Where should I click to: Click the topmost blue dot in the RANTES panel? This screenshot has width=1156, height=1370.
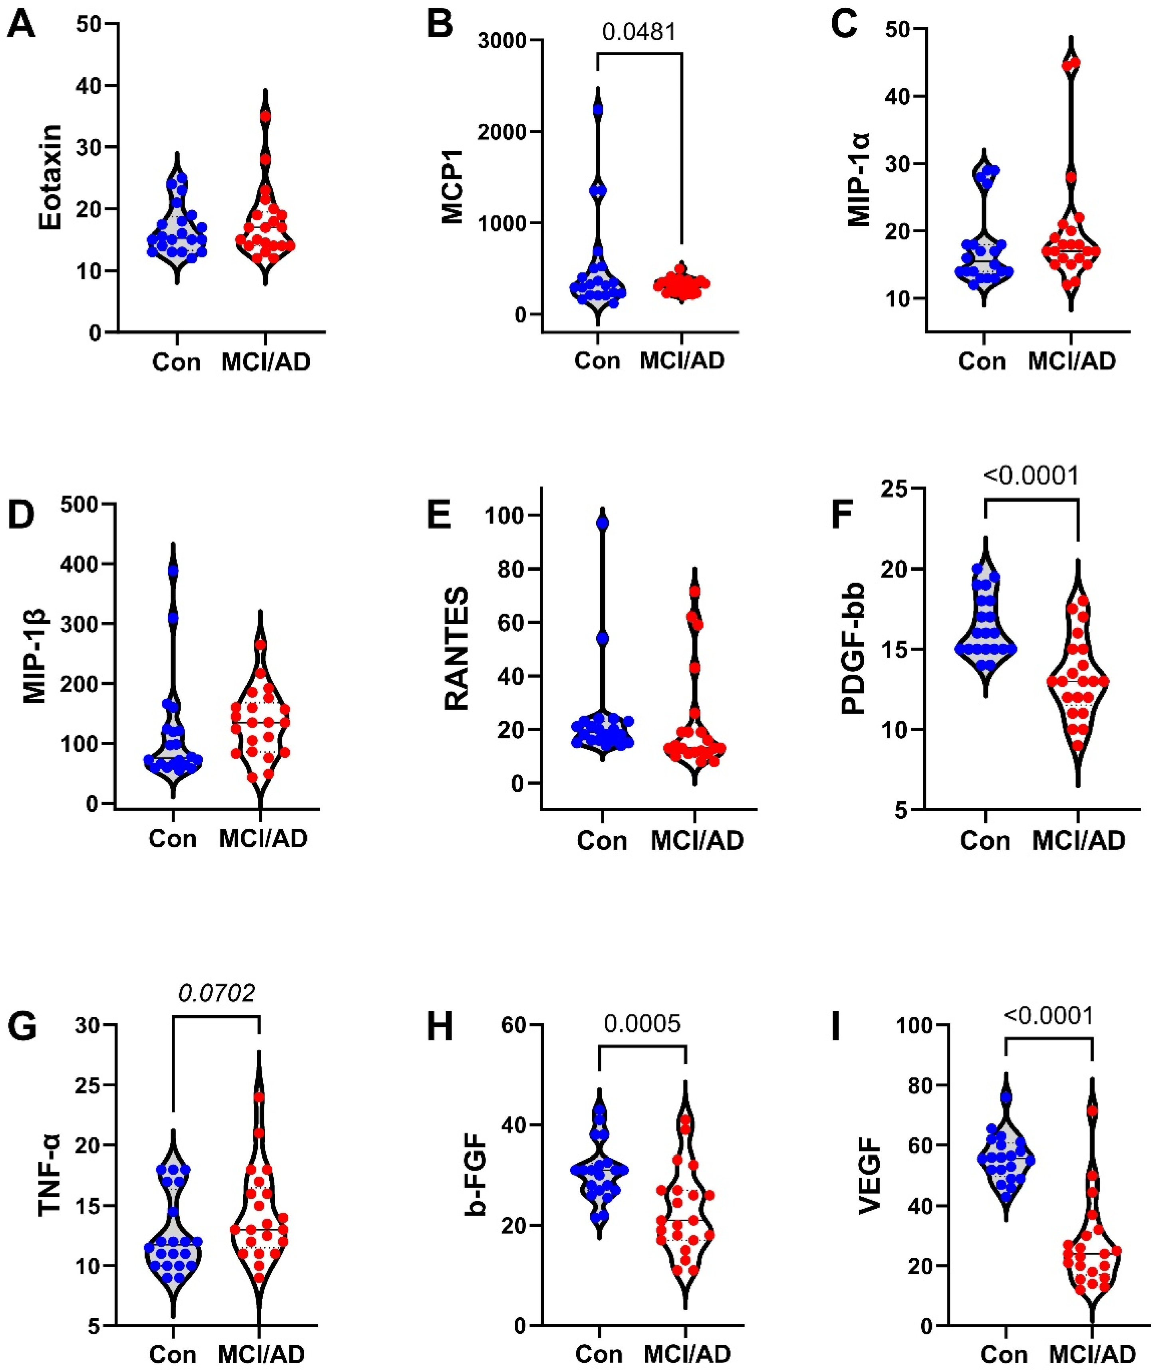coord(602,523)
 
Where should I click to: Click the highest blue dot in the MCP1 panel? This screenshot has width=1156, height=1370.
coord(598,109)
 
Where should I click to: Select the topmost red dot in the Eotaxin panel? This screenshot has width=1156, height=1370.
coord(265,117)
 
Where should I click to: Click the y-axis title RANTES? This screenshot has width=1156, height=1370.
coord(457,648)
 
